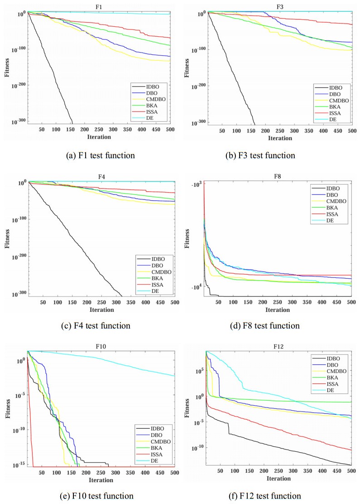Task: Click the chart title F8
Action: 278,177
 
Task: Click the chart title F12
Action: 278,347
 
